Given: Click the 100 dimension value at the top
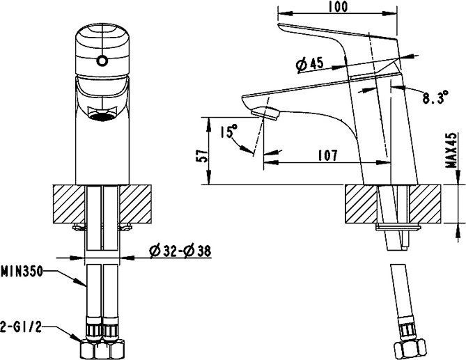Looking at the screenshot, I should click(x=340, y=6).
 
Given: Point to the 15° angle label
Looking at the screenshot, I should click(x=228, y=131).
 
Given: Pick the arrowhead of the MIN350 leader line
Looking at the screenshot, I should click(x=86, y=286).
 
